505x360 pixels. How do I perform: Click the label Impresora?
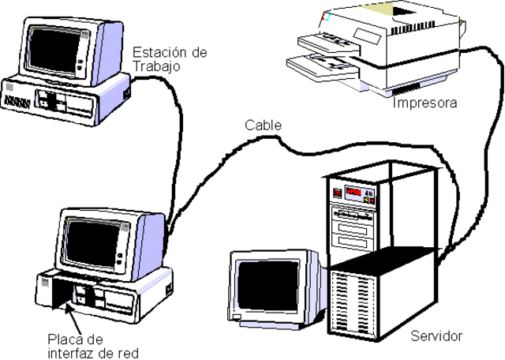pyautogui.click(x=425, y=103)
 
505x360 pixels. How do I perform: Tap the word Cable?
pyautogui.click(x=262, y=125)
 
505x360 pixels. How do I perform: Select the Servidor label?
pyautogui.click(x=436, y=336)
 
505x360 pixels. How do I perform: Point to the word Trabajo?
pyautogui.click(x=157, y=66)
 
